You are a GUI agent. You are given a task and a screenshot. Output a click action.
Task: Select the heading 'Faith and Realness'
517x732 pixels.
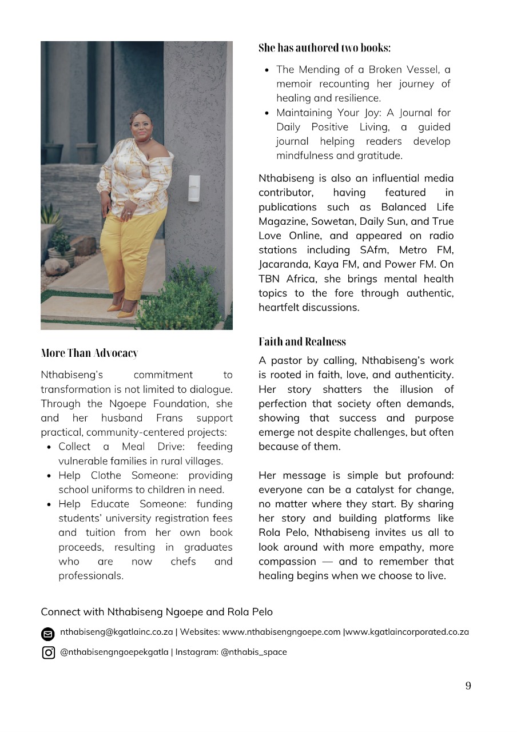click(x=302, y=341)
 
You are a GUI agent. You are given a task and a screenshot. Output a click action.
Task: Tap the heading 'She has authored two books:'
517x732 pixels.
click(x=324, y=47)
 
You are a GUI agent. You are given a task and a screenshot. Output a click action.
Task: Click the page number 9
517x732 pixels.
click(x=468, y=686)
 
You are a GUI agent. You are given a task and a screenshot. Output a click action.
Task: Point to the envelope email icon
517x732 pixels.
click(x=49, y=634)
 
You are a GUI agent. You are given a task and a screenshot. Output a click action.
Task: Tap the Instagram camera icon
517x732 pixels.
click(x=49, y=653)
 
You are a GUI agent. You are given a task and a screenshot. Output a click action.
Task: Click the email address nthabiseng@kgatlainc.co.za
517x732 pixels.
click(x=117, y=632)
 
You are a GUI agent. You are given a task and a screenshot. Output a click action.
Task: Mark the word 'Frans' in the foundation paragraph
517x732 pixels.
click(x=169, y=418)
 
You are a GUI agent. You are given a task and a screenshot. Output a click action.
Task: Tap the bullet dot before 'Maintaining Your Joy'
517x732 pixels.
click(x=267, y=113)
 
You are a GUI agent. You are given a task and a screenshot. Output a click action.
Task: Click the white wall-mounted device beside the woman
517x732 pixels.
click(x=194, y=188)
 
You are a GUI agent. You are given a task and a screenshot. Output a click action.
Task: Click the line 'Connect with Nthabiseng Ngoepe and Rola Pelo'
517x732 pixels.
click(x=157, y=612)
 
